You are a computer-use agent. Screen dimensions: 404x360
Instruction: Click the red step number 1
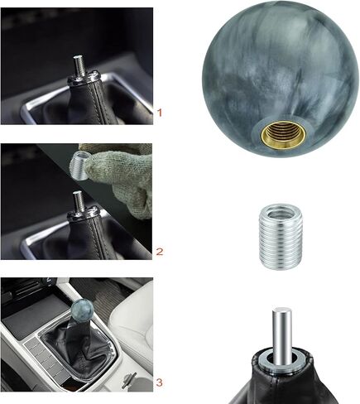[161, 110]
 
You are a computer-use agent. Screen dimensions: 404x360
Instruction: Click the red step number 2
[161, 250]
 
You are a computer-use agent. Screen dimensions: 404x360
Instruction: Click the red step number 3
[159, 382]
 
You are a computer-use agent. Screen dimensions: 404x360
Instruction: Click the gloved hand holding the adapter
[120, 170]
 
